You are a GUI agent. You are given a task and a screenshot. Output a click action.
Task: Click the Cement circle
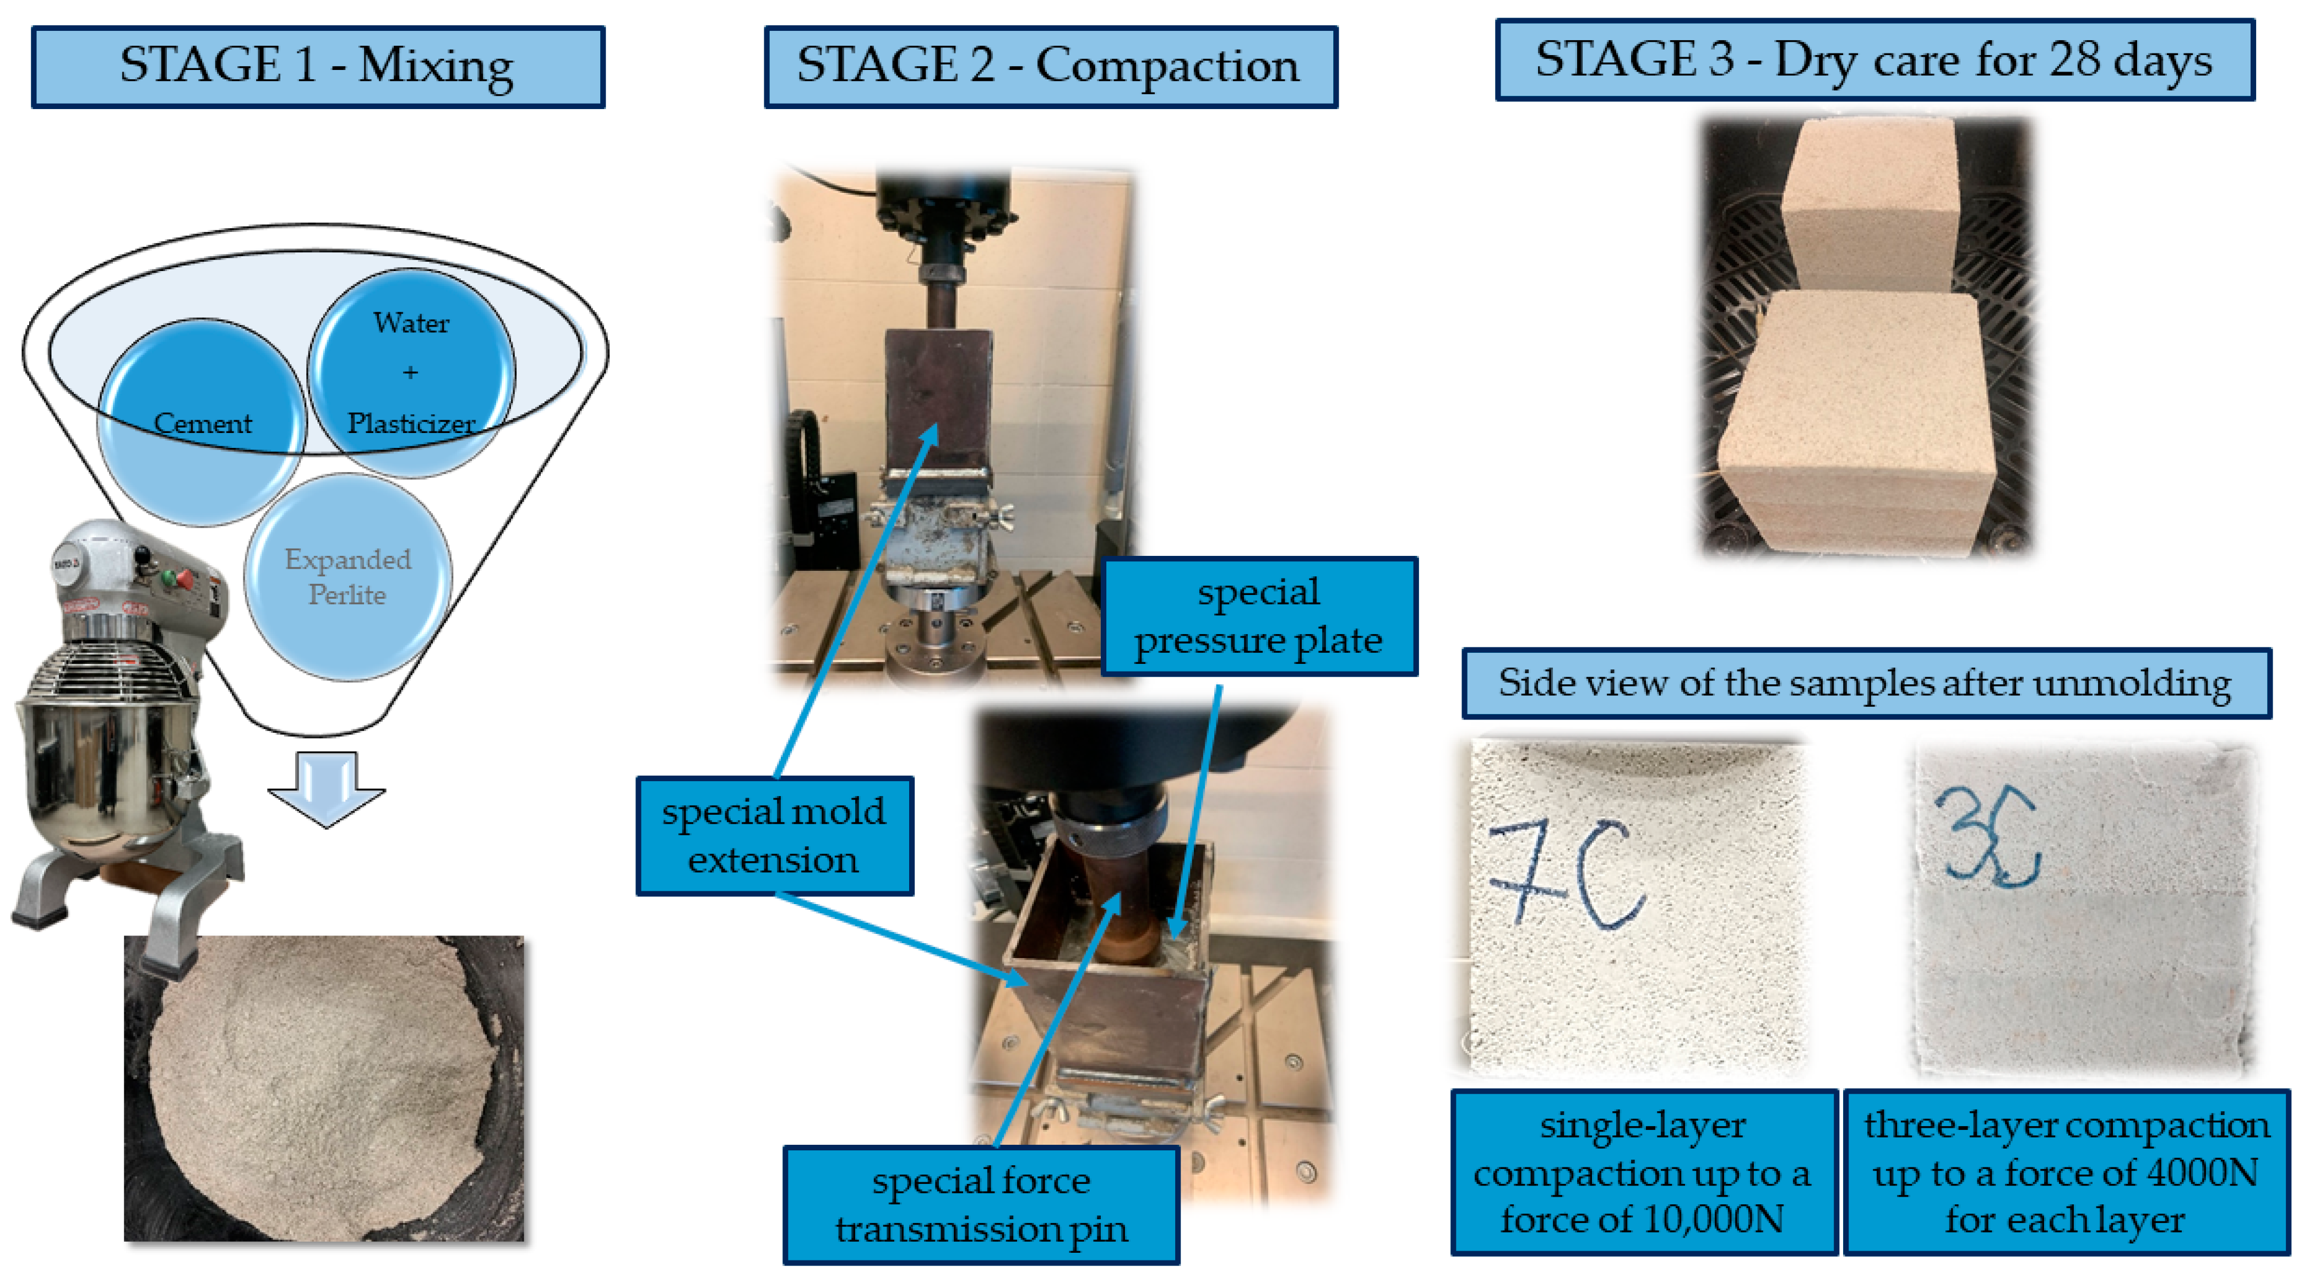click(202, 422)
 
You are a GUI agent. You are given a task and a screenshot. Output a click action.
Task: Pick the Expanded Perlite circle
click(348, 577)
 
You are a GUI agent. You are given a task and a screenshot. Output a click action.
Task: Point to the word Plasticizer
click(411, 423)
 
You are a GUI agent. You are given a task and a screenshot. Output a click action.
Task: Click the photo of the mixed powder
click(324, 1089)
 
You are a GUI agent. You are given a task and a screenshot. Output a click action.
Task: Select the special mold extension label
click(775, 836)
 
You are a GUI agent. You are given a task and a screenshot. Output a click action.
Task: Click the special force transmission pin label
click(981, 1205)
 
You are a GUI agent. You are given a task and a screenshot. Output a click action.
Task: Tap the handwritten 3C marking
click(1987, 836)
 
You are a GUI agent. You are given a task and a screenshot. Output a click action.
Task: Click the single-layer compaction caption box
click(1644, 1172)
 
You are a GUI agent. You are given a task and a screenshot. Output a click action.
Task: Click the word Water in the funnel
click(411, 322)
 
